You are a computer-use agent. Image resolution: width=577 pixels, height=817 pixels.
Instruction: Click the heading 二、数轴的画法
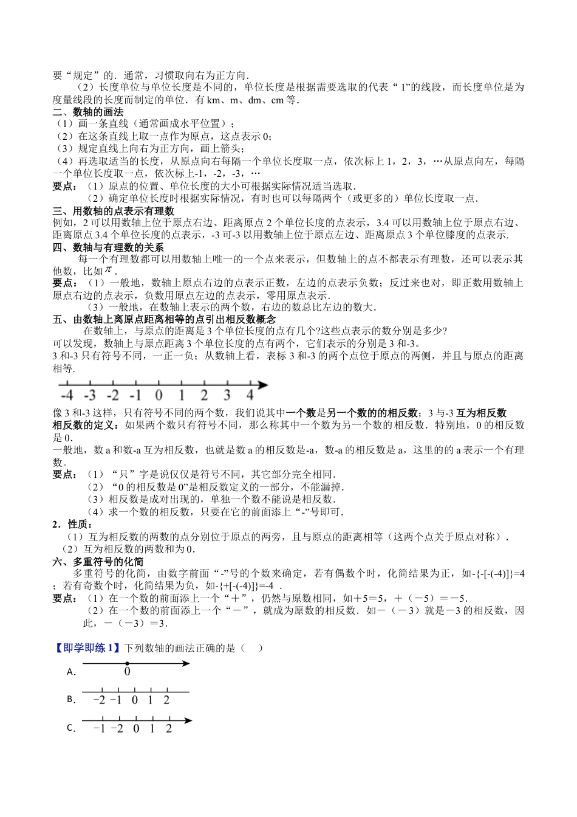point(88,112)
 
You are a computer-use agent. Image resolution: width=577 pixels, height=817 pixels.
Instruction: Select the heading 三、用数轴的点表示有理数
point(114,211)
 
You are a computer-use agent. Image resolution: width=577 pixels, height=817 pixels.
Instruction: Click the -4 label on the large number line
point(67,396)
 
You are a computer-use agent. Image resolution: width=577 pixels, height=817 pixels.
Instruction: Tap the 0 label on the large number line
point(159,396)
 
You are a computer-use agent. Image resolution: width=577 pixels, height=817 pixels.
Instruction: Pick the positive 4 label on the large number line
point(250,396)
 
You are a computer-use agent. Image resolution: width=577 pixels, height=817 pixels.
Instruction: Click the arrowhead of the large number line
point(263,384)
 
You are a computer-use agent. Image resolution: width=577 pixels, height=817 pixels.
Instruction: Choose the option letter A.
point(71,672)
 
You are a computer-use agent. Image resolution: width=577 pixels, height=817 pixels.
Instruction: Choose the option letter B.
point(71,700)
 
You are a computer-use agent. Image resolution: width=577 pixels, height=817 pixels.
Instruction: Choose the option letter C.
point(71,728)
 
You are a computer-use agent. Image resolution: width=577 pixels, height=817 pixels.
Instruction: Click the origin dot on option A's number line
point(127,664)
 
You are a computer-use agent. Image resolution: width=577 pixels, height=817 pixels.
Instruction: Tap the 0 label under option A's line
point(127,672)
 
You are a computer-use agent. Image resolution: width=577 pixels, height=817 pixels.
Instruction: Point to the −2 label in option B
point(99,700)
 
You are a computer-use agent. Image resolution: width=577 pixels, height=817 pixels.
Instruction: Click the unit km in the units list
point(212,100)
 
